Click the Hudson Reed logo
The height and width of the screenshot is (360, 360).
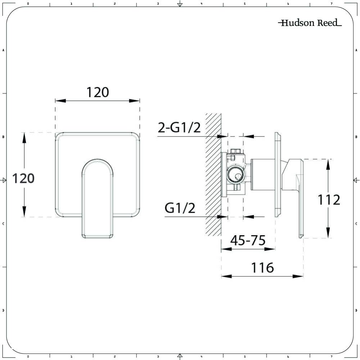[x=310, y=23]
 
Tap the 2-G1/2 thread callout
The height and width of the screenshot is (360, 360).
[x=179, y=127]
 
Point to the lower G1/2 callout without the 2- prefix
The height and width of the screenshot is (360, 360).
[x=180, y=208]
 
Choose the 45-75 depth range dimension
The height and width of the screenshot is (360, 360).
[x=248, y=240]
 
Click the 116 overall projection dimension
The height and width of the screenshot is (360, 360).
[x=262, y=268]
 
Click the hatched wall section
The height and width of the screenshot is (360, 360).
[x=213, y=175]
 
